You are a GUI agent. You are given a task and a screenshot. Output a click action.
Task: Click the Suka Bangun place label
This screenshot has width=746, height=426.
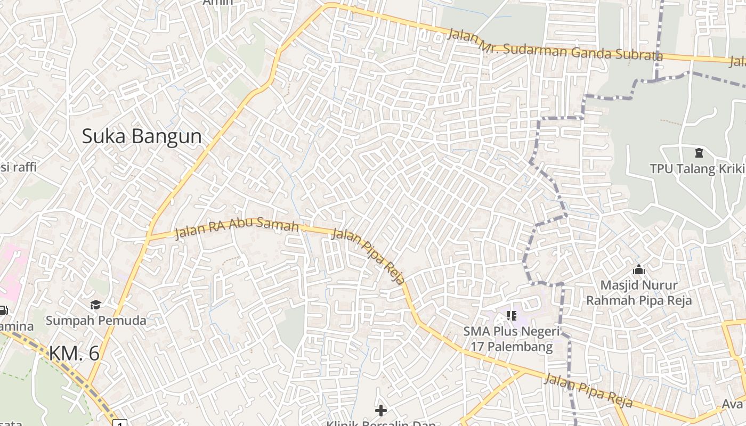(x=142, y=136)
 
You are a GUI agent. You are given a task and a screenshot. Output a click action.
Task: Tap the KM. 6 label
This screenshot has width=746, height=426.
(x=74, y=353)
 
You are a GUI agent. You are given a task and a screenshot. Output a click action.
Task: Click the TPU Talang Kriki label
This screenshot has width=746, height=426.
(x=697, y=168)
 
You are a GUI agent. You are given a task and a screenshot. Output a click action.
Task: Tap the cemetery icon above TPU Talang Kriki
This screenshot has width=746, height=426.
(x=699, y=153)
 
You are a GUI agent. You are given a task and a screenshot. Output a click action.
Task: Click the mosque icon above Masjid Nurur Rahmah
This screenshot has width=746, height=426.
(x=639, y=270)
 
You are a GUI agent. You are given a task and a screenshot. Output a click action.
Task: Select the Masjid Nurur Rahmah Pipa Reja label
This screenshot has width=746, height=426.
(x=639, y=293)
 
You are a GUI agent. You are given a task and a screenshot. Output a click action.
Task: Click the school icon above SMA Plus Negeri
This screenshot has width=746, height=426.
(x=512, y=316)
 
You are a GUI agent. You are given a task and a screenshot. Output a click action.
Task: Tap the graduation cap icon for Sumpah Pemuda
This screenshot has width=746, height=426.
(x=95, y=305)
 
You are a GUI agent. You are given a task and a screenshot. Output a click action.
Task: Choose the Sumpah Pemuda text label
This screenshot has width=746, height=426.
(x=96, y=320)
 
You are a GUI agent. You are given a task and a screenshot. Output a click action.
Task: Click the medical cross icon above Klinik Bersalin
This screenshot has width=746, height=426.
(x=381, y=410)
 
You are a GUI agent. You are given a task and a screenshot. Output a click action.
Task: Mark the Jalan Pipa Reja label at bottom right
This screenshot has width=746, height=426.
(x=588, y=391)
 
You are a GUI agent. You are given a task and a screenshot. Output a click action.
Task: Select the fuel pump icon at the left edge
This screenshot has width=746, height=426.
(x=3, y=310)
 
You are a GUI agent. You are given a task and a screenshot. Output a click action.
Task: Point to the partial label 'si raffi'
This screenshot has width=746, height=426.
(x=18, y=167)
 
